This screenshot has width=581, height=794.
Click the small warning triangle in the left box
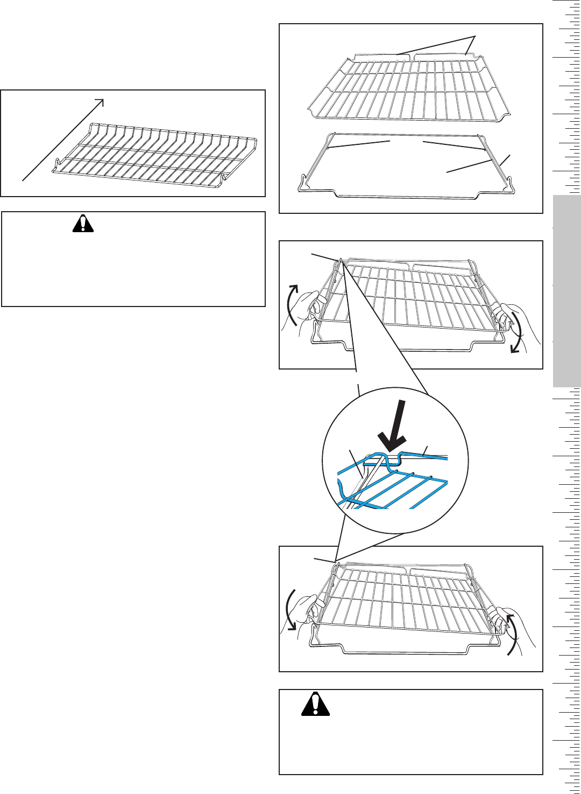[83, 223]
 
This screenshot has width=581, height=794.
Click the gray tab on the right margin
[566, 291]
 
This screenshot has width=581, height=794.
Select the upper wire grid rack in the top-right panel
[409, 83]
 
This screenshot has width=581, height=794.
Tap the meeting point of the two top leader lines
[474, 36]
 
